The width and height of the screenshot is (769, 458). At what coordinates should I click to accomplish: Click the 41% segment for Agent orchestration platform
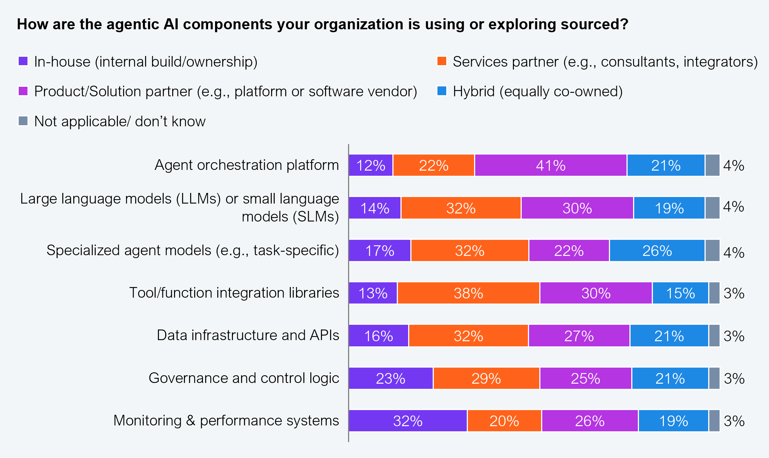pyautogui.click(x=550, y=165)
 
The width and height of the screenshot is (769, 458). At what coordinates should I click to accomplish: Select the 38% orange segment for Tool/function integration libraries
pyautogui.click(x=468, y=293)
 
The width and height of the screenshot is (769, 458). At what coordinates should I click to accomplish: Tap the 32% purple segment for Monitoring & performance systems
pyautogui.click(x=408, y=421)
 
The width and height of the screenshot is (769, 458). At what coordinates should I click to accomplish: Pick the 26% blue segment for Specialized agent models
pyautogui.click(x=657, y=251)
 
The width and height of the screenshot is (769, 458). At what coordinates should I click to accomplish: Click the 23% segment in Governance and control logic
pyautogui.click(x=391, y=378)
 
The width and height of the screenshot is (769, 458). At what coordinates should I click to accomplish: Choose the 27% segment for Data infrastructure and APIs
pyautogui.click(x=579, y=336)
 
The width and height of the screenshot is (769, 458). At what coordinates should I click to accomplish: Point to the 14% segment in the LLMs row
pyautogui.click(x=374, y=208)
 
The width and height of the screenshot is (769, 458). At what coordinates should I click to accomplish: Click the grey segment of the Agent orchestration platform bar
pyautogui.click(x=712, y=165)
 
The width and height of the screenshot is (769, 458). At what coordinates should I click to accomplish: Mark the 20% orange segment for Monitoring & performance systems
pyautogui.click(x=504, y=421)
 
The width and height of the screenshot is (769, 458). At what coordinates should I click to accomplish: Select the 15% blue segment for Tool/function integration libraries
pyautogui.click(x=680, y=293)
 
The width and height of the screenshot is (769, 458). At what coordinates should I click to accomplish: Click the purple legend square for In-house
pyautogui.click(x=23, y=61)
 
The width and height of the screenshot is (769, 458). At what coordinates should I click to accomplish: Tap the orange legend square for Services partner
pyautogui.click(x=442, y=61)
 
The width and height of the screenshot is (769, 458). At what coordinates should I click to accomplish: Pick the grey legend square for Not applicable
pyautogui.click(x=23, y=121)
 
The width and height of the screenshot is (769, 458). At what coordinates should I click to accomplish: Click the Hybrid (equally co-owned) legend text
pyautogui.click(x=537, y=91)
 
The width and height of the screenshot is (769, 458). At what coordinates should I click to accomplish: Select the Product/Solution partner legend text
pyautogui.click(x=225, y=91)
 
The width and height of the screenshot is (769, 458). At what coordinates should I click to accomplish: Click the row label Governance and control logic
pyautogui.click(x=244, y=378)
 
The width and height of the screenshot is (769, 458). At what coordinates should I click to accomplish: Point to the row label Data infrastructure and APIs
pyautogui.click(x=248, y=335)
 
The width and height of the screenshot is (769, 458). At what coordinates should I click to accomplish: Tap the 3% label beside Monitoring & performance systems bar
pyautogui.click(x=734, y=421)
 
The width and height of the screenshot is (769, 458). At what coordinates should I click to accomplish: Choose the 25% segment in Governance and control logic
pyautogui.click(x=585, y=378)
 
